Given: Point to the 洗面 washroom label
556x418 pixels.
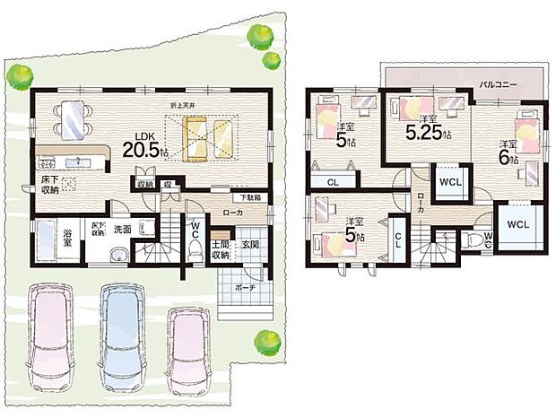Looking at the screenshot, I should pos(122,229).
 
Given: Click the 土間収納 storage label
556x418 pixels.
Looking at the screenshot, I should pos(221,249).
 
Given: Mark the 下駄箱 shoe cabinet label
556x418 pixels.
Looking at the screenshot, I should pos(250,197).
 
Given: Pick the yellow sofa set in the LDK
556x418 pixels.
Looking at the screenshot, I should pos(209,136).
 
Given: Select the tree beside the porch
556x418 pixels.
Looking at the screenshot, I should pos(264,340).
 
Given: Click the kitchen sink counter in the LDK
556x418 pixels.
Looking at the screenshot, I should pos(72,163).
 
